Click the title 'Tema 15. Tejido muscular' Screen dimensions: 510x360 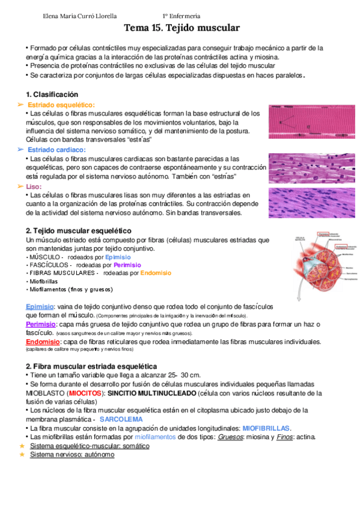182,28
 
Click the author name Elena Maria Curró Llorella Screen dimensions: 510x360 81,16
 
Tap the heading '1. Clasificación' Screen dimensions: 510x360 52,95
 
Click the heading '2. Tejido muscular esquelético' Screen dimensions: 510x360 78,231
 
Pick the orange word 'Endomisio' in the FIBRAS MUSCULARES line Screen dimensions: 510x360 155,272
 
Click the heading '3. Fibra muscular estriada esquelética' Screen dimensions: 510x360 91,366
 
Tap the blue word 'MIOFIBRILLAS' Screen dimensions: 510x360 266,428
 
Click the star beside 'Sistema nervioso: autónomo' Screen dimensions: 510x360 22,455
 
